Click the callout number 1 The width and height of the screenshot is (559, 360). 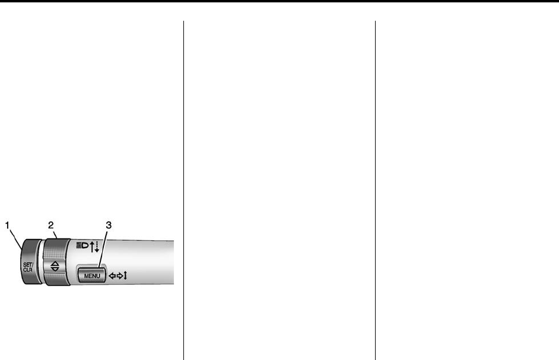tap(8, 225)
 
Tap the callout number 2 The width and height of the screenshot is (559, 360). tap(51, 225)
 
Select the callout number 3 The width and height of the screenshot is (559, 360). tap(108, 225)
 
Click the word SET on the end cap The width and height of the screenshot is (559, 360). tap(28, 265)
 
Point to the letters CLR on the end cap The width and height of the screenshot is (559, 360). tap(28, 270)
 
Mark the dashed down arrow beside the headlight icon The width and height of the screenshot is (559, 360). tap(97, 244)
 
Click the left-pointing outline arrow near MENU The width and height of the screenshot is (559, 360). tap(111, 276)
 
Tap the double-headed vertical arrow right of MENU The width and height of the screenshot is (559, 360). tap(125, 276)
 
